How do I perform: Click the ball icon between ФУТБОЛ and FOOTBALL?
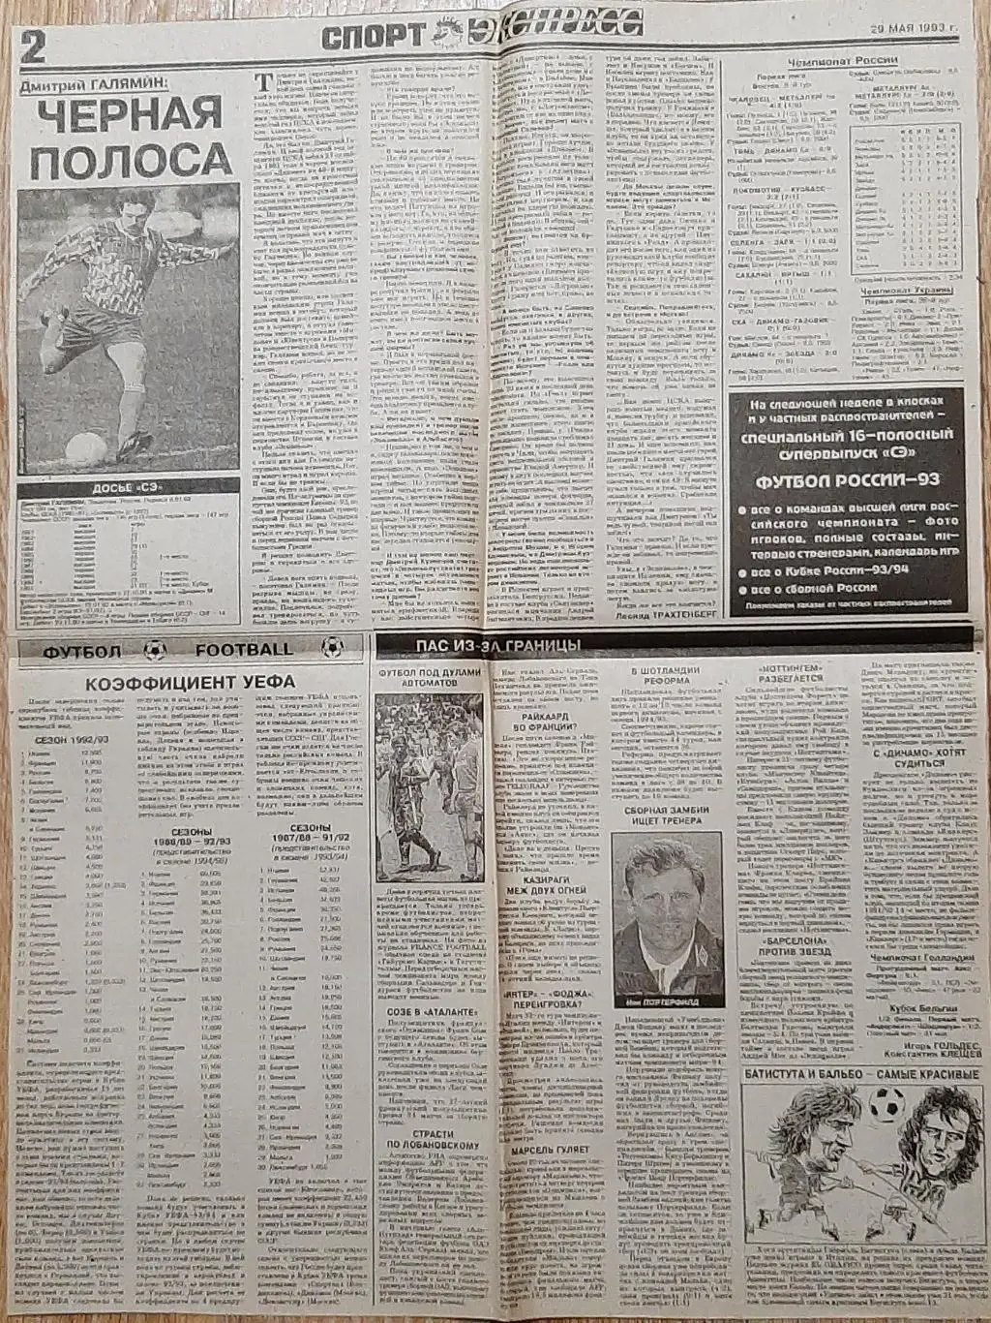[x=155, y=651]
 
